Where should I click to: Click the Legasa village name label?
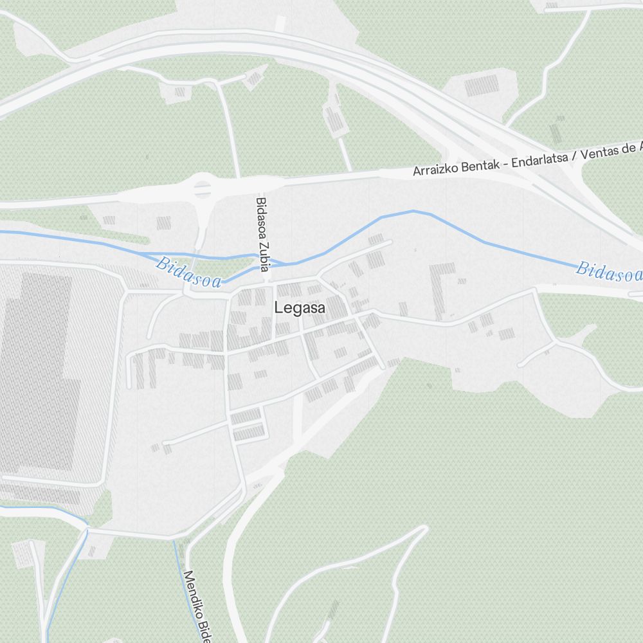(x=300, y=309)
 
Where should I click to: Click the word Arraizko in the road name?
(x=434, y=170)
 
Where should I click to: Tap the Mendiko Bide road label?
(x=197, y=605)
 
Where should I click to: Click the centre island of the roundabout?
(x=203, y=190)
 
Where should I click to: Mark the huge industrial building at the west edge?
(x=39, y=373)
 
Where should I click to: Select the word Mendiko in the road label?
(x=192, y=592)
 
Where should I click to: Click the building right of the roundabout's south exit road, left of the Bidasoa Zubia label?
(x=164, y=223)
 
